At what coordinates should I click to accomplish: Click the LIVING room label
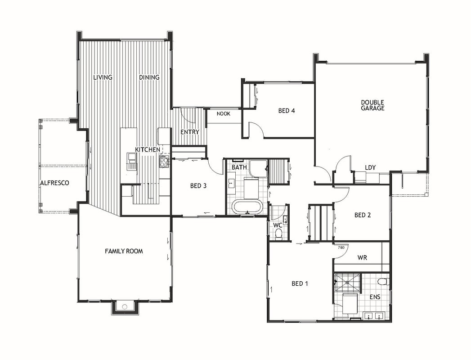[x=103, y=77]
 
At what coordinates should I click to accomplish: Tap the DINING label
[x=149, y=77]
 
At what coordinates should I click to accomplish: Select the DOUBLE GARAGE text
[x=372, y=105]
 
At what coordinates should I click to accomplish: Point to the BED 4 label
[x=287, y=111]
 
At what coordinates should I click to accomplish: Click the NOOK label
[x=224, y=113]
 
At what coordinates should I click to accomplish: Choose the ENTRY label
[x=190, y=132]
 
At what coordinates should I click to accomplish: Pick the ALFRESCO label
[x=55, y=183]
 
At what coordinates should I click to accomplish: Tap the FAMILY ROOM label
[x=124, y=251]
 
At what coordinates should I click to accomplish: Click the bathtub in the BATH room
[x=247, y=207]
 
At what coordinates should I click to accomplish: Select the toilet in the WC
[x=279, y=234]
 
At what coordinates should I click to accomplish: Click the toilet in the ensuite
[x=383, y=282]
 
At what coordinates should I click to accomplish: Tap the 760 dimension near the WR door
[x=341, y=247]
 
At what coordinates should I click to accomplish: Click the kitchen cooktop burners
[x=164, y=162]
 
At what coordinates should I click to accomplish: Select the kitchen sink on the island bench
[x=132, y=162]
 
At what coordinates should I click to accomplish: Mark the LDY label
[x=370, y=167]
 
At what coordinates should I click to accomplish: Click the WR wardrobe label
[x=362, y=257]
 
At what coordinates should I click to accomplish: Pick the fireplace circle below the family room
[x=125, y=307]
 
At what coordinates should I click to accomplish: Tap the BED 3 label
[x=198, y=186]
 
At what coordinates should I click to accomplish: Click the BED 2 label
[x=363, y=215]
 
